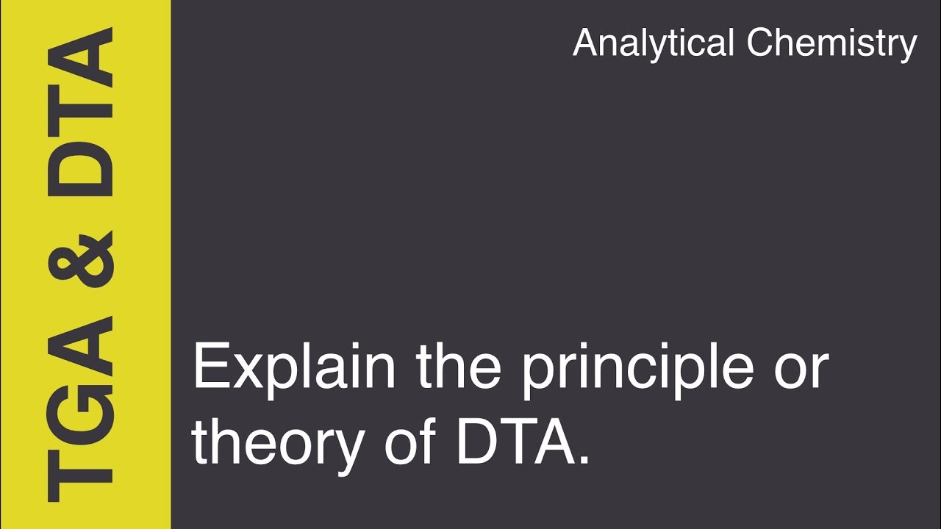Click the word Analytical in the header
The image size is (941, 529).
(x=654, y=43)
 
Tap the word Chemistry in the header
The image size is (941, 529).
(x=832, y=43)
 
